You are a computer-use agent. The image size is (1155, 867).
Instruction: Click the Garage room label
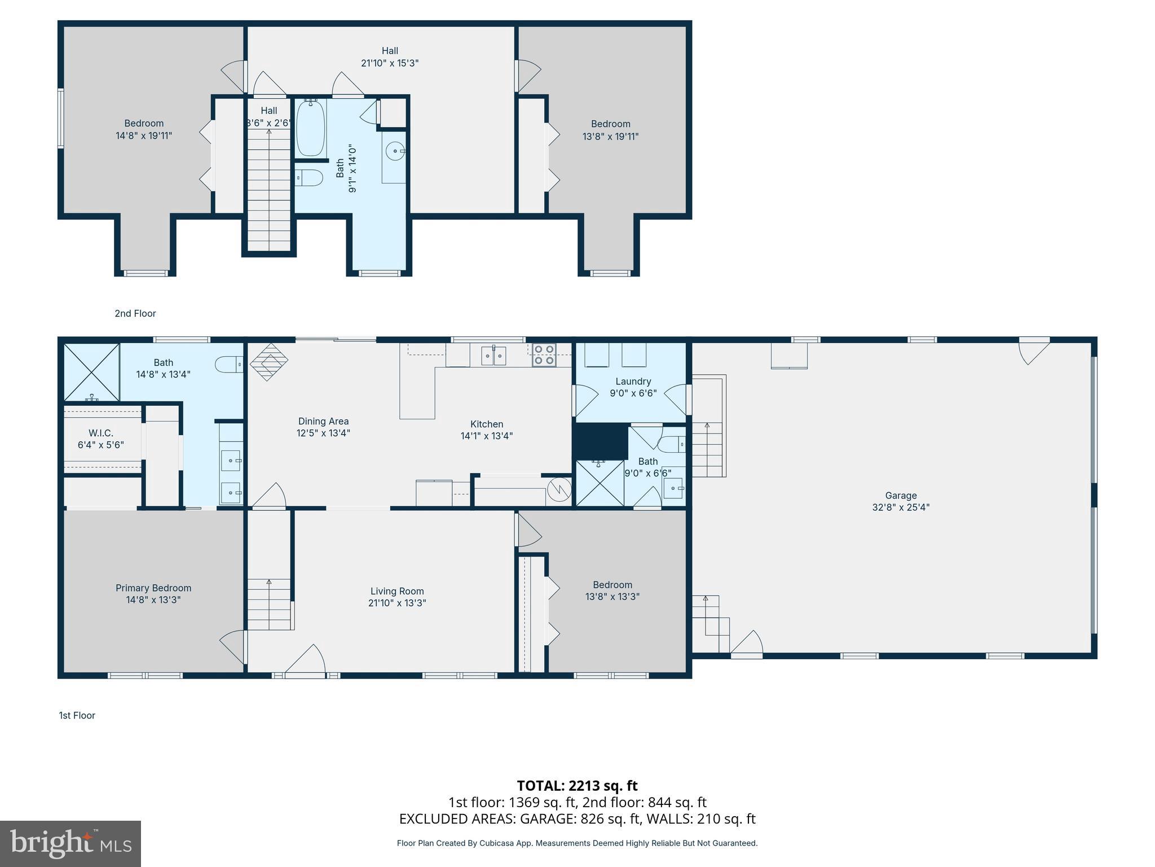pos(901,496)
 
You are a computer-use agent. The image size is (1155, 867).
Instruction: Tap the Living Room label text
pos(397,591)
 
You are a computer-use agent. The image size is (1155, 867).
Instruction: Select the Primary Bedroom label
pos(153,588)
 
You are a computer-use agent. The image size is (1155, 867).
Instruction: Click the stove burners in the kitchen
pos(544,354)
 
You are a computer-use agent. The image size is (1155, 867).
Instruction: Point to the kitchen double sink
pos(493,356)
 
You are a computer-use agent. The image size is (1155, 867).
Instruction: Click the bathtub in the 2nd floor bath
pos(311,128)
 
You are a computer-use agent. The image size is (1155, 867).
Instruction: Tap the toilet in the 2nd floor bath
pos(309,178)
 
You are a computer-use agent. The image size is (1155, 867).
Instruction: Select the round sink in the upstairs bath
pos(394,151)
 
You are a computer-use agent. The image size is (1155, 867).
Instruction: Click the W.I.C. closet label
pos(101,433)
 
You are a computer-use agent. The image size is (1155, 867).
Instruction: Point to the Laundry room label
pos(633,381)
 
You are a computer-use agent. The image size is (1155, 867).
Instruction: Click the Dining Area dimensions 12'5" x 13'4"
pos(323,433)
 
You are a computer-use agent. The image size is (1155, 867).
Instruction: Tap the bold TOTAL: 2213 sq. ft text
pos(577,785)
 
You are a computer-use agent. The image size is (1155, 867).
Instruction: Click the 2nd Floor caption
pos(135,313)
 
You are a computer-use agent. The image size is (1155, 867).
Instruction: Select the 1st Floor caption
pos(77,715)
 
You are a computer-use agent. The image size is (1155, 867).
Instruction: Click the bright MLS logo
pos(70,843)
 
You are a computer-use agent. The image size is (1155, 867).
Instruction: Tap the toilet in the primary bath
pos(229,364)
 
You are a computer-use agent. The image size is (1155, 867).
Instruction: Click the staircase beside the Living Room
pos(270,604)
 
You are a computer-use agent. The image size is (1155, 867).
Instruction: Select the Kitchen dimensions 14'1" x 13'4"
pos(487,436)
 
